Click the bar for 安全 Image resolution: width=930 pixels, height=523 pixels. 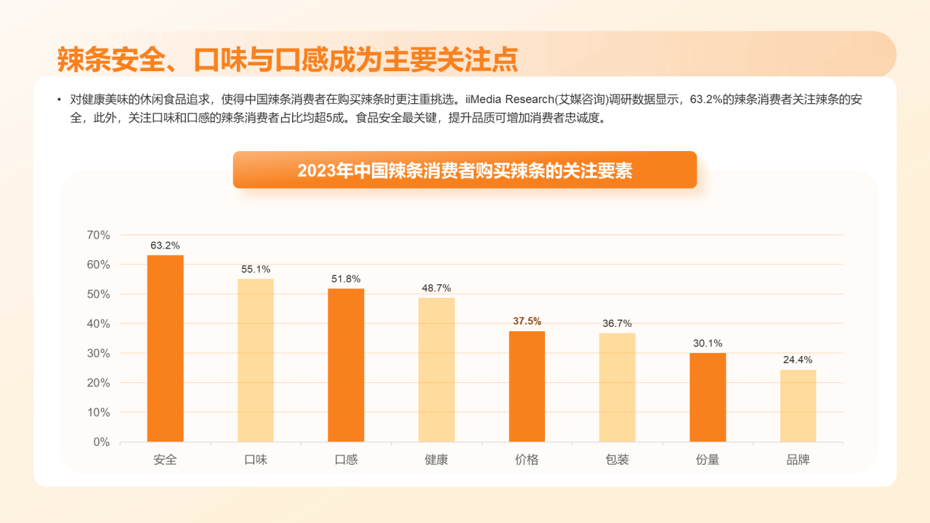point(165,349)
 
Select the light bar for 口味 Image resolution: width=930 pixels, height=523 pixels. point(256,360)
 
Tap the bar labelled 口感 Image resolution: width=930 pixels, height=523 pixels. point(346,365)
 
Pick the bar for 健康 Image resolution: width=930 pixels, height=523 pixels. point(437,370)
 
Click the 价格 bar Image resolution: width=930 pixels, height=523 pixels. point(527,386)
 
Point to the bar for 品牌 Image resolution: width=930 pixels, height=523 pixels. point(798,405)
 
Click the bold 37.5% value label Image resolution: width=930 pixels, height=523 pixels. point(527,321)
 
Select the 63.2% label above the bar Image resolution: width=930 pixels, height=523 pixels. point(165,246)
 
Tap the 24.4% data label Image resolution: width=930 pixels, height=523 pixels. point(798,360)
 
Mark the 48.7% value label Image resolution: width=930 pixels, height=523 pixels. point(437,288)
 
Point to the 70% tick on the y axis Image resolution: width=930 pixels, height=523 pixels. point(98,235)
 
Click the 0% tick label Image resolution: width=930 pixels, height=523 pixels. point(101,442)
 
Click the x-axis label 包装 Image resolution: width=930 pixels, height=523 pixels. point(617,460)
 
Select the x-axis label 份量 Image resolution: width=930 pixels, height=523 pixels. point(708,460)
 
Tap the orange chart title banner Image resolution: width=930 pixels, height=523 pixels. point(464,170)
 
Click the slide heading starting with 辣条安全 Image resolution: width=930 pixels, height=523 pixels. point(287,60)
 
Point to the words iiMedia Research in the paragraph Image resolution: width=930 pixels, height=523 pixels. point(508,100)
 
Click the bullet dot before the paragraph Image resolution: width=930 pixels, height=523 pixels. point(59,100)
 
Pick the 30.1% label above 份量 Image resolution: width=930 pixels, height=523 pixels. point(708,344)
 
